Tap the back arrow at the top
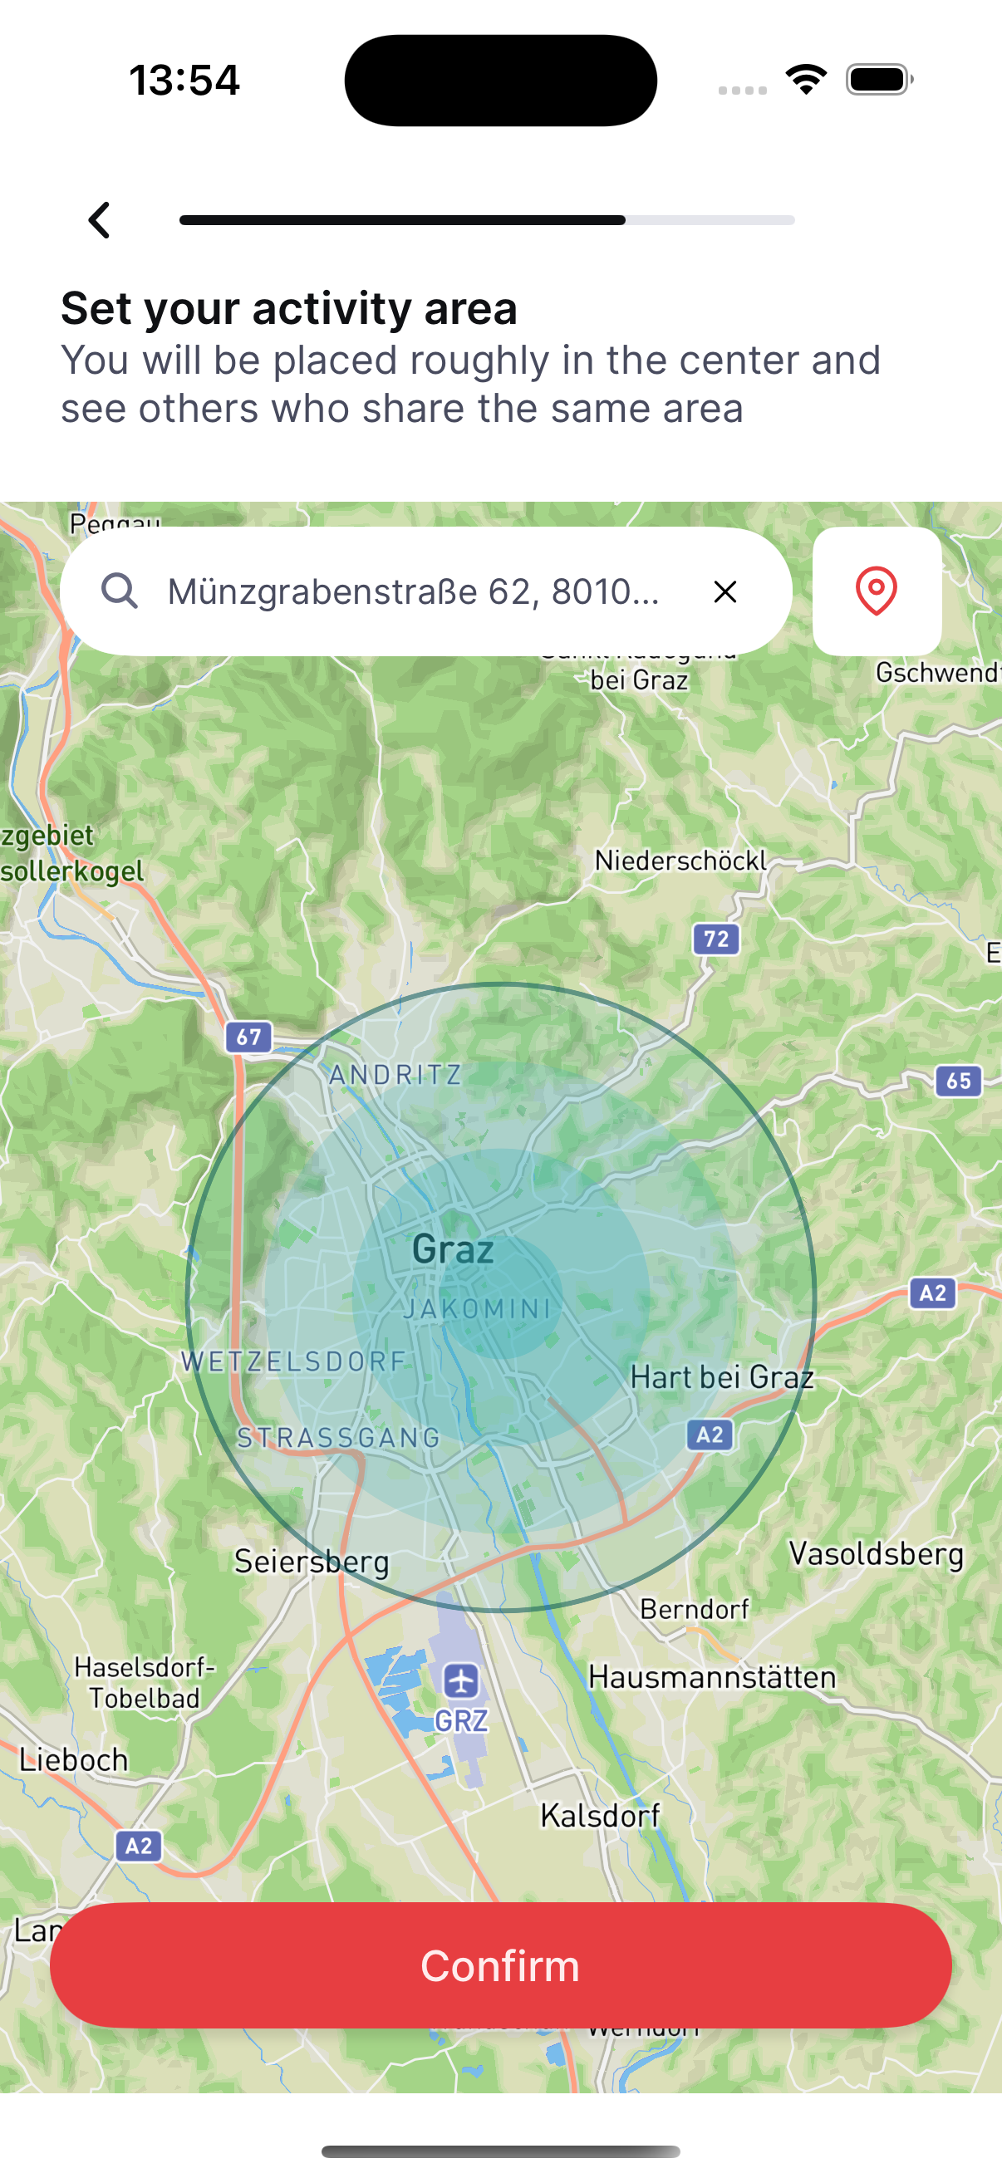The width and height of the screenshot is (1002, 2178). click(100, 220)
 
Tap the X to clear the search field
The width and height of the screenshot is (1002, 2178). click(724, 591)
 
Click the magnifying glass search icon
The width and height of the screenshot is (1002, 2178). click(119, 591)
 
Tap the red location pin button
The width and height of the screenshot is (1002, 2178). click(876, 591)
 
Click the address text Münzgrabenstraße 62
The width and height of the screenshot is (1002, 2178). click(413, 591)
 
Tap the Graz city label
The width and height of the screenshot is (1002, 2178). click(452, 1248)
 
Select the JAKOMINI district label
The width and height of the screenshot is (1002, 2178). click(477, 1309)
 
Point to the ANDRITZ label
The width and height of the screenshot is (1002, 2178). click(395, 1075)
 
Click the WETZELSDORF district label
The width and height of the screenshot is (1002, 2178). click(294, 1361)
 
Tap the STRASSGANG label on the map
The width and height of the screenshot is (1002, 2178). click(338, 1437)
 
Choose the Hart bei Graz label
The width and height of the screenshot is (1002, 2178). click(722, 1377)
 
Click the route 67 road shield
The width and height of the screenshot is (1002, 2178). click(248, 1037)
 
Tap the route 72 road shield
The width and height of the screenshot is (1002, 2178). click(716, 939)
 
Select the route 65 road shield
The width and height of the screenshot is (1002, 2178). click(958, 1081)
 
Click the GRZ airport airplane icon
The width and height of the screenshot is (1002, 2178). click(461, 1681)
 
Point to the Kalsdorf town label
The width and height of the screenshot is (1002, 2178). click(601, 1815)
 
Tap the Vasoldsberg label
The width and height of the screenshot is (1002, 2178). click(876, 1554)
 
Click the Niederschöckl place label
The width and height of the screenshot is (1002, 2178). click(680, 861)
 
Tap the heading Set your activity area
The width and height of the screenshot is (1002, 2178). click(289, 307)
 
